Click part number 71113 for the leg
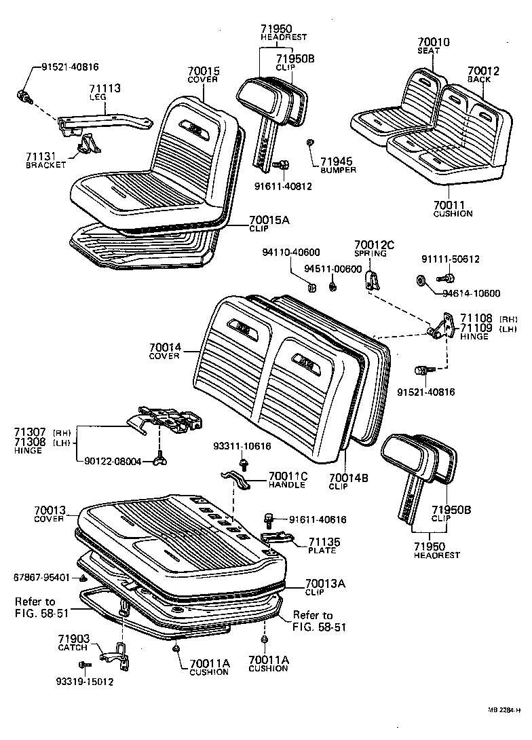pos(105,88)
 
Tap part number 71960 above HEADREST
pos(275,29)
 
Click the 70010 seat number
pos(432,41)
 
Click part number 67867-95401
pos(41,577)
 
